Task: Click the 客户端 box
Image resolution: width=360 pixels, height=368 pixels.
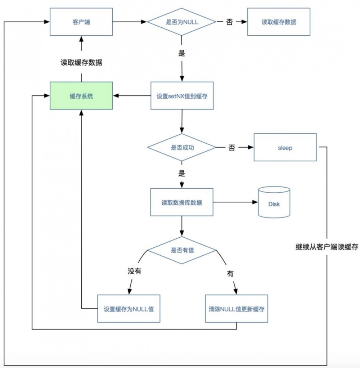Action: [81, 22]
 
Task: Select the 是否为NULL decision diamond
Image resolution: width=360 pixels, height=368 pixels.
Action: [182, 22]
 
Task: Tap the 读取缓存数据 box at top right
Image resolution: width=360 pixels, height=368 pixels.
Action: [279, 22]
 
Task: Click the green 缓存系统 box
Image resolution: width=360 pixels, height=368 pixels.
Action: [81, 96]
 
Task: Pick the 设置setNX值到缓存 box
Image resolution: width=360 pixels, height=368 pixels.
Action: [182, 96]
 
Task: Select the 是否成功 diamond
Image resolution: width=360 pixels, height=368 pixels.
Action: [182, 148]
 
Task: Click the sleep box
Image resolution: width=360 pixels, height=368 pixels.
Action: [285, 148]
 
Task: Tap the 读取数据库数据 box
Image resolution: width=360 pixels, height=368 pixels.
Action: [182, 202]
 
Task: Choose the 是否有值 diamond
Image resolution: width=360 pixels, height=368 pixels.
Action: [182, 250]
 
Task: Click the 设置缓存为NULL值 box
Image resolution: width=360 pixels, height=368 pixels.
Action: [129, 309]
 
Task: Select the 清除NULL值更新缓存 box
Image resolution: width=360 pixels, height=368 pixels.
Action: [237, 309]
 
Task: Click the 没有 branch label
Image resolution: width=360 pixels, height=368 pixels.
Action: [134, 271]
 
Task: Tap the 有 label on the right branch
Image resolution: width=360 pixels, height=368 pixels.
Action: [230, 273]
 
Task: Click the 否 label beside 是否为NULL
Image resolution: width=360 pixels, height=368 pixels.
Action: [229, 22]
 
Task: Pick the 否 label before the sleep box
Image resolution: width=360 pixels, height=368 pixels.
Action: [231, 148]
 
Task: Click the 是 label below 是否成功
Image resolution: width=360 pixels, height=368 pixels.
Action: [181, 174]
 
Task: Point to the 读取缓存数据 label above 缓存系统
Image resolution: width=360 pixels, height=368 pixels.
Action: [81, 63]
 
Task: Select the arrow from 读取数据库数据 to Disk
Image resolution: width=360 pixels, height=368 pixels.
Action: [235, 202]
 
